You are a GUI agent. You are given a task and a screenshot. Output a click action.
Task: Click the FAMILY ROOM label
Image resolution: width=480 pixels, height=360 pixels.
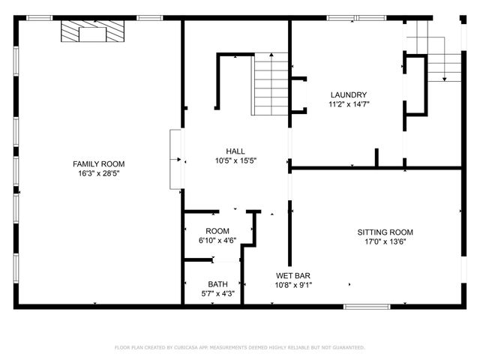click(x=98, y=163)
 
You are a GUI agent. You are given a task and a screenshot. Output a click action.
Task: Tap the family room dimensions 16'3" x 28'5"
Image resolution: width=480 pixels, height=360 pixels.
click(x=98, y=173)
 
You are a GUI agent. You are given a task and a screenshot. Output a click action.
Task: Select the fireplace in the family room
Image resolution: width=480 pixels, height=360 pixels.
click(x=94, y=33)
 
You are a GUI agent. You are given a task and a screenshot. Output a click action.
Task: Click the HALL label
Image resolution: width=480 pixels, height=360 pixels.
click(x=235, y=151)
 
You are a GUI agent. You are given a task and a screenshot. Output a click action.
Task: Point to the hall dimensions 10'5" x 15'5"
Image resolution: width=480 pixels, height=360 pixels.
click(x=235, y=160)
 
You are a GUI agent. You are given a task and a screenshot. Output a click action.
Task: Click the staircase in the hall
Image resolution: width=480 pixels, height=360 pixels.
click(x=270, y=84)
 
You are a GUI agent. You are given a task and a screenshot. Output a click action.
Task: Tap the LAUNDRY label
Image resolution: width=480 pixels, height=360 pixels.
click(x=349, y=94)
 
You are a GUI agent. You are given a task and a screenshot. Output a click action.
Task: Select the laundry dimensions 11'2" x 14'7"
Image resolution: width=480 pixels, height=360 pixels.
click(x=349, y=104)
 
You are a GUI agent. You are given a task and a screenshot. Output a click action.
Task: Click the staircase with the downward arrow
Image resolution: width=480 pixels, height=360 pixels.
click(x=443, y=60)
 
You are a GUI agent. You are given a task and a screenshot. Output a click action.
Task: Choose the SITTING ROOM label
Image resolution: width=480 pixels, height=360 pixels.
click(x=385, y=232)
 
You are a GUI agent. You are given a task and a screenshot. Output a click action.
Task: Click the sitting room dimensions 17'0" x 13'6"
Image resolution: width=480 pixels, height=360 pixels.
click(x=385, y=241)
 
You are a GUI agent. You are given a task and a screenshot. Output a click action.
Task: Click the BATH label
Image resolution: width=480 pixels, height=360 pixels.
click(x=217, y=284)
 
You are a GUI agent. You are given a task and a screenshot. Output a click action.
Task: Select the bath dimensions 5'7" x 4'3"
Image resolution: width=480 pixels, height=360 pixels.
click(x=217, y=294)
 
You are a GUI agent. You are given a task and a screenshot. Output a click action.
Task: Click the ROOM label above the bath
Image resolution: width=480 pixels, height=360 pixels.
click(x=217, y=231)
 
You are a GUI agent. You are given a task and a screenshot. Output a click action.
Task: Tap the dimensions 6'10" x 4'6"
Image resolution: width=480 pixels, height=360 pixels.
click(x=217, y=241)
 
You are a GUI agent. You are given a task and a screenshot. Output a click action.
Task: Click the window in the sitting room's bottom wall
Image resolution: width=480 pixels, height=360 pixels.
click(x=367, y=306)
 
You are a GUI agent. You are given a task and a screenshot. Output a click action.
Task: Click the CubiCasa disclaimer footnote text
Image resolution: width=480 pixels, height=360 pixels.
click(x=239, y=347)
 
